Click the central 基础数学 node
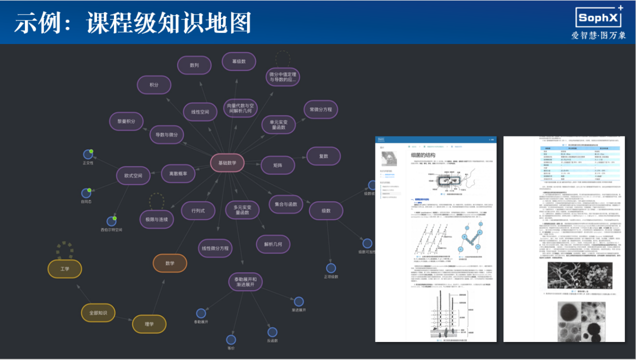point(227,162)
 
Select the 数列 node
point(194,65)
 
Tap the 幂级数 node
point(239,61)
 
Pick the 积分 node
point(154,85)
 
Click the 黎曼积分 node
point(126,121)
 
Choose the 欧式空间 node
point(133,175)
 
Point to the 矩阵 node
point(278,165)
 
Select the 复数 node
point(323,156)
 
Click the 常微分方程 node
point(320,109)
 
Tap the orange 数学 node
point(169,263)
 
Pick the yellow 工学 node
point(64,269)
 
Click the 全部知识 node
point(98,313)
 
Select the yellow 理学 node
point(149,324)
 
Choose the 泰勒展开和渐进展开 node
point(245,282)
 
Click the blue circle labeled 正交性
point(87,153)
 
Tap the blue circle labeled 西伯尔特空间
point(111,221)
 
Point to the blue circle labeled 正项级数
point(330,268)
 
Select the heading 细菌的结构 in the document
point(423,155)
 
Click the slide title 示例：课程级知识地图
point(132,22)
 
